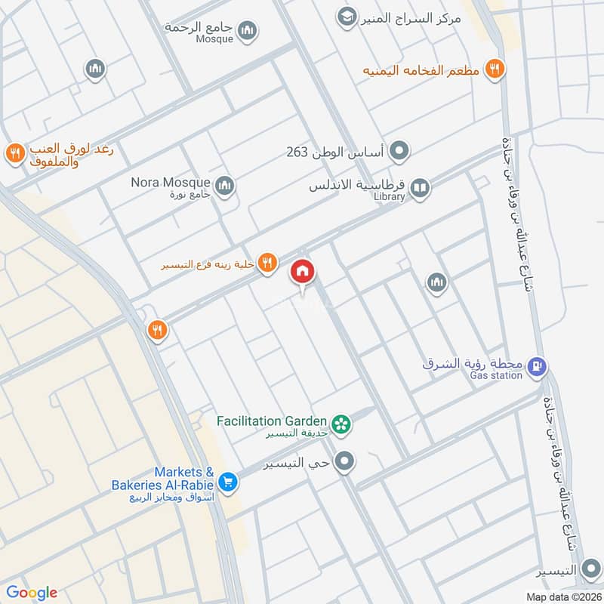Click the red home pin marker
pyautogui.click(x=303, y=272)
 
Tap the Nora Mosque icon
pyautogui.click(x=224, y=185)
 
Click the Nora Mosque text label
pyautogui.click(x=171, y=182)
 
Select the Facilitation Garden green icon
pyautogui.click(x=343, y=424)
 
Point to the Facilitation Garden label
pyautogui.click(x=271, y=421)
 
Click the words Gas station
pyautogui.click(x=495, y=375)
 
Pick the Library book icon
pyautogui.click(x=420, y=188)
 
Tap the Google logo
pyautogui.click(x=32, y=593)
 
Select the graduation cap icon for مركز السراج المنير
pyautogui.click(x=347, y=17)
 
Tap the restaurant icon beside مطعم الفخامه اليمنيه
pyautogui.click(x=495, y=69)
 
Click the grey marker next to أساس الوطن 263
pyautogui.click(x=401, y=152)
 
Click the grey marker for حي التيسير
pyautogui.click(x=345, y=461)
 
